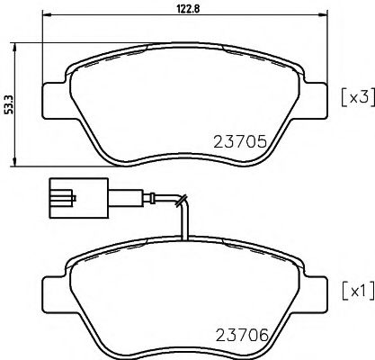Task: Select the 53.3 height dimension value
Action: (x=9, y=103)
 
